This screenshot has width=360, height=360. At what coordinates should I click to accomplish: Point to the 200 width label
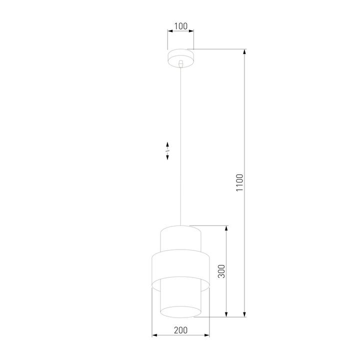click(x=180, y=330)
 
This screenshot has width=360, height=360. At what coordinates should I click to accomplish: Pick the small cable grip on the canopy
click(x=180, y=63)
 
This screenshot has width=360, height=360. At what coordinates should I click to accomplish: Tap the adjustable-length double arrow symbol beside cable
click(x=167, y=150)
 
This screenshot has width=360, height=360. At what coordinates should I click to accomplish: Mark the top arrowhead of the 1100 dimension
click(x=245, y=51)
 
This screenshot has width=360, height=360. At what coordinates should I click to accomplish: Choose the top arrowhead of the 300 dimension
click(x=228, y=228)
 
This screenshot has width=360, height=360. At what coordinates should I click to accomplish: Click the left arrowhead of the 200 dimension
click(x=153, y=335)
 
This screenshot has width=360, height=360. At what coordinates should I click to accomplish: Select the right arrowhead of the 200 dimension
click(x=207, y=335)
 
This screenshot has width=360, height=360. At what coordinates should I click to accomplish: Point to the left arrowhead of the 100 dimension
click(x=169, y=31)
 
